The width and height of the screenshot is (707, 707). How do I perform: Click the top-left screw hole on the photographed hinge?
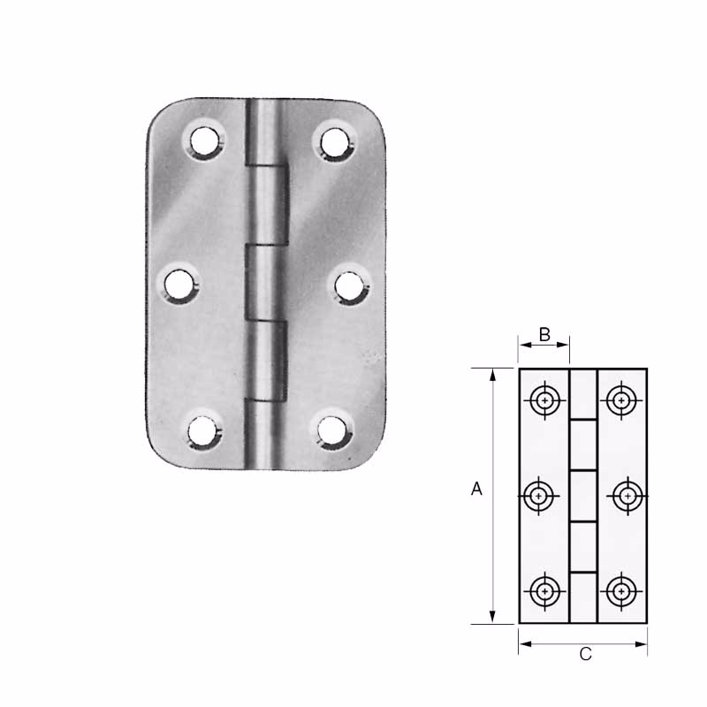(204, 141)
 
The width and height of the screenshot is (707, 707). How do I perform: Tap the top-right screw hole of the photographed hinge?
(335, 142)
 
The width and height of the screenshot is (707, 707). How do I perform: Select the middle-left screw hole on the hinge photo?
(179, 285)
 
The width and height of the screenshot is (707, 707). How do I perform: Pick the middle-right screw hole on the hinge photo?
(350, 286)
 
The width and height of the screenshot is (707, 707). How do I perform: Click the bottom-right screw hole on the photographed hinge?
(332, 430)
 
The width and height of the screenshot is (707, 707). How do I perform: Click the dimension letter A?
(476, 489)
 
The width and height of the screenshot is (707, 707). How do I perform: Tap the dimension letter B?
(544, 335)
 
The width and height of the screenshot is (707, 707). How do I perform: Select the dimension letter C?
(585, 654)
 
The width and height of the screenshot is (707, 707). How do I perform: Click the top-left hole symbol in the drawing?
(545, 400)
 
